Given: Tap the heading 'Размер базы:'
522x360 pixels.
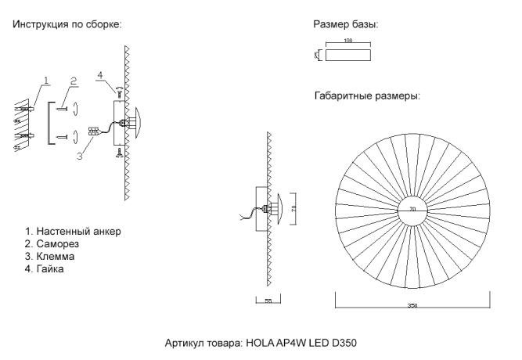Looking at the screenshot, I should [x=345, y=25].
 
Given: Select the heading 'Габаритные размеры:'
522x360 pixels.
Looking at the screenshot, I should [x=366, y=96].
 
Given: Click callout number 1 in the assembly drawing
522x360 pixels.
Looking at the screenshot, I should [x=47, y=80].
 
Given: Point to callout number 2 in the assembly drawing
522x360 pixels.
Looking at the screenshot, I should [x=73, y=80].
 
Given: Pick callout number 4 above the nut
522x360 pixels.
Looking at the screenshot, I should [x=100, y=75].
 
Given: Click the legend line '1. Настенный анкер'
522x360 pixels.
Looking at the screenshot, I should [x=74, y=232].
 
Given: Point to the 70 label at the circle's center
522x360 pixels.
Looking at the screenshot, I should [x=412, y=209].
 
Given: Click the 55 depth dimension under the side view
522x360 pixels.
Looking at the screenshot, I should [x=268, y=301].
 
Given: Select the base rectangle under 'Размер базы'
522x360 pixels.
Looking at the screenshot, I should [x=347, y=56].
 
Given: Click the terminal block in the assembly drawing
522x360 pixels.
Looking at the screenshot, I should [x=93, y=131].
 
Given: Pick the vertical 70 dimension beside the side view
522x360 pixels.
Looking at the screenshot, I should [x=293, y=207].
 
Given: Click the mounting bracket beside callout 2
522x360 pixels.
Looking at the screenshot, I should [x=51, y=123].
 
